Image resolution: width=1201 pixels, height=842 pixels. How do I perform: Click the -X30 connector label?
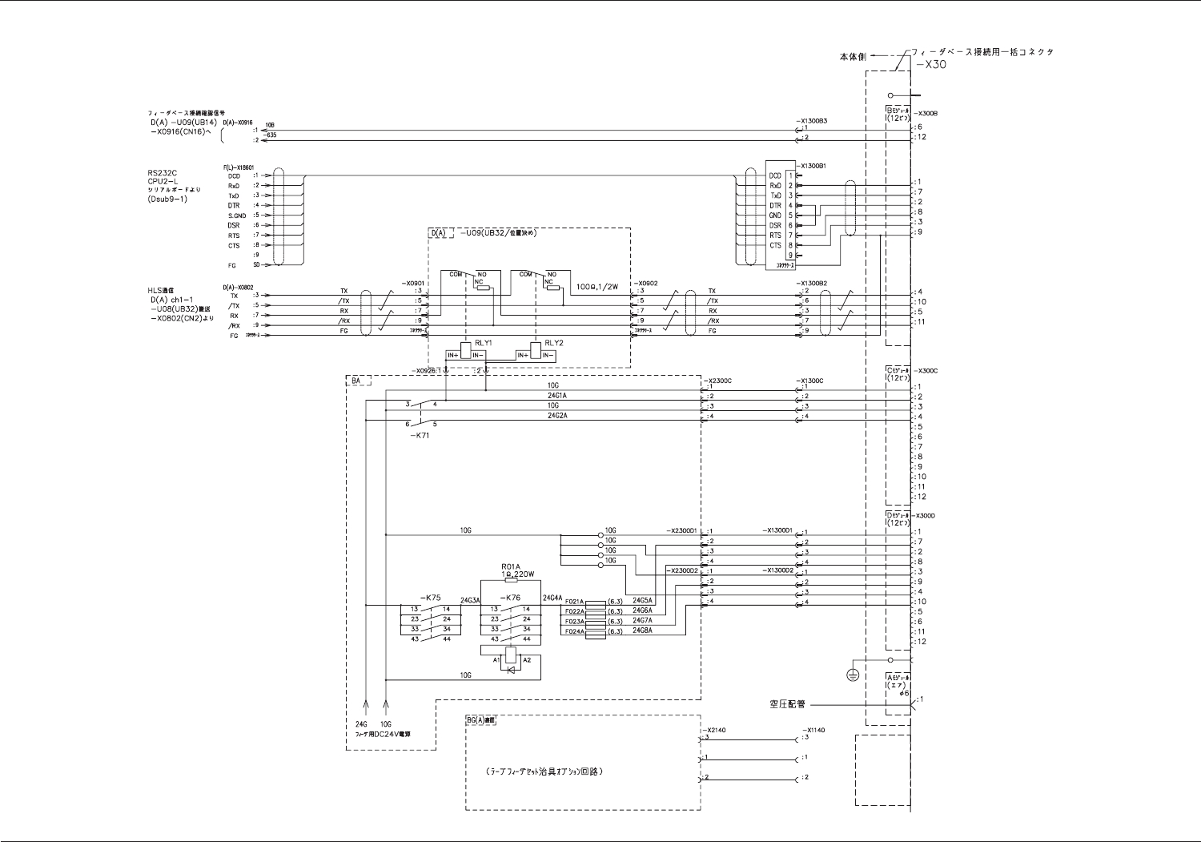click(x=931, y=64)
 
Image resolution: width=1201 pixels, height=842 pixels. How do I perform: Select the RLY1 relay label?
click(x=483, y=343)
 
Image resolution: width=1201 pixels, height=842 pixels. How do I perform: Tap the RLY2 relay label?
click(x=553, y=343)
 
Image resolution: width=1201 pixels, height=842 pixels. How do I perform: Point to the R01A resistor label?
click(x=511, y=566)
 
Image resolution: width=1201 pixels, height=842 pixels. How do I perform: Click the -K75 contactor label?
click(x=430, y=598)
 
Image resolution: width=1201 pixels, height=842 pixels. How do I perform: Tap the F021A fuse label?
click(x=573, y=601)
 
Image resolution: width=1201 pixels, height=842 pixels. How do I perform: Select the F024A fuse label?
click(x=573, y=631)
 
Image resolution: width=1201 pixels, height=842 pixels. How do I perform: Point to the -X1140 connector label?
click(x=813, y=730)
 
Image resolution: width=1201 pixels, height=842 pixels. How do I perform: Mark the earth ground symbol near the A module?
click(x=853, y=675)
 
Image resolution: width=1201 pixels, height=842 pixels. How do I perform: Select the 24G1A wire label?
click(x=556, y=396)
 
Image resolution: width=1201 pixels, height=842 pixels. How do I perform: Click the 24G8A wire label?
click(x=642, y=630)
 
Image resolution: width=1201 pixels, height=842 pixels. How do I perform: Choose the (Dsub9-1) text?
click(x=167, y=199)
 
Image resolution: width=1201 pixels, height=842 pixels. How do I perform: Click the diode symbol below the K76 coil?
click(x=511, y=668)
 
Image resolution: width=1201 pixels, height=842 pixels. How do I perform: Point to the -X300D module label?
click(x=926, y=515)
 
